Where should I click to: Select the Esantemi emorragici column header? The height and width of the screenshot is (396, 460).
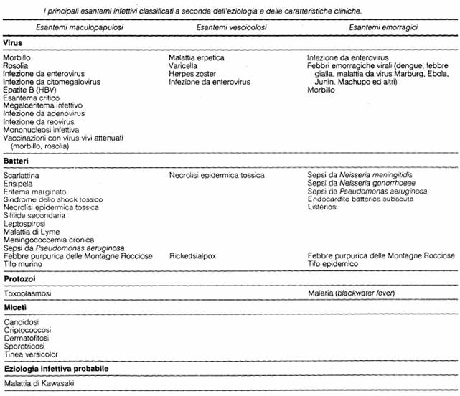pyautogui.click(x=384, y=27)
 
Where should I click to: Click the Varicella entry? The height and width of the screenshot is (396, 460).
pyautogui.click(x=184, y=65)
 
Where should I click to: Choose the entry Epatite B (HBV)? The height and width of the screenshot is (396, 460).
pyautogui.click(x=32, y=90)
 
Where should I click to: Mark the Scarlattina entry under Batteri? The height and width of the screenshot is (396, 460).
pyautogui.click(x=22, y=175)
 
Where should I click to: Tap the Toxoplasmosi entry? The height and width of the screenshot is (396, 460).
pyautogui.click(x=28, y=293)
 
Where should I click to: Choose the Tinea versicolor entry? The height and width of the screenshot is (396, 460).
pyautogui.click(x=31, y=354)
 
